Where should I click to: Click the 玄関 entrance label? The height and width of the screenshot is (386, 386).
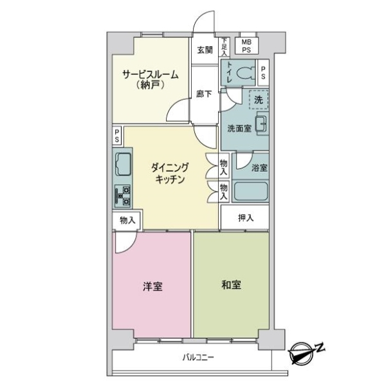pyautogui.click(x=205, y=50)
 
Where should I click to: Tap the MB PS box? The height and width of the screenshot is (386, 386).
pyautogui.click(x=246, y=46)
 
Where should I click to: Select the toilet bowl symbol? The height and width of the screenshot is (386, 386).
pyautogui.click(x=246, y=73)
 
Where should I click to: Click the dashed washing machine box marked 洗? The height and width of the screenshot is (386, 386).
pyautogui.click(x=259, y=100)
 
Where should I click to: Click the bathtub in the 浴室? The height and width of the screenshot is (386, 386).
pyautogui.click(x=251, y=191)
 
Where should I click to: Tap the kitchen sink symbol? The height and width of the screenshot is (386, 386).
pyautogui.click(x=123, y=164)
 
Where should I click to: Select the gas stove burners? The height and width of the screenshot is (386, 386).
pyautogui.click(x=123, y=196)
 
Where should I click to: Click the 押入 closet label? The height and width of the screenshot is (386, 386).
pyautogui.click(x=246, y=217)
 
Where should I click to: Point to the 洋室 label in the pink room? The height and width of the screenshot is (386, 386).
pyautogui.click(x=152, y=286)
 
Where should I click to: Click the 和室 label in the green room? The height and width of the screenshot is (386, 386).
pyautogui.click(x=231, y=285)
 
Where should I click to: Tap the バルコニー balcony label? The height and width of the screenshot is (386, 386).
pyautogui.click(x=198, y=357)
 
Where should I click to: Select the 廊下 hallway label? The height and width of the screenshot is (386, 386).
pyautogui.click(x=204, y=94)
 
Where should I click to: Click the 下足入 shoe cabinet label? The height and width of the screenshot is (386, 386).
pyautogui.click(x=225, y=46)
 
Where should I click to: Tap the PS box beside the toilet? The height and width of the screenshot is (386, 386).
pyautogui.click(x=263, y=73)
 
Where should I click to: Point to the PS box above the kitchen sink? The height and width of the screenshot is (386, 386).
pyautogui.click(x=117, y=136)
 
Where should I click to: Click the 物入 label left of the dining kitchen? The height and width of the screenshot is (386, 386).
pyautogui.click(x=127, y=220)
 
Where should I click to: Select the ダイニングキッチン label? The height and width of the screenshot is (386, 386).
pyautogui.click(x=169, y=173)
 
